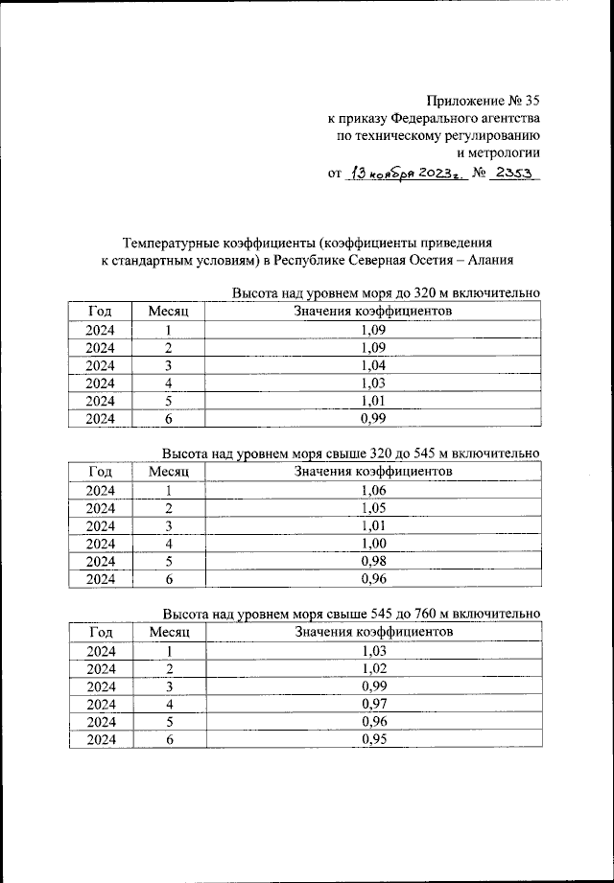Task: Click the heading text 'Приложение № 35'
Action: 483,99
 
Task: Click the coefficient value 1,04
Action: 373,365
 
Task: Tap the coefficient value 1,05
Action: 373,507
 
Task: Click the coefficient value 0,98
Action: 373,561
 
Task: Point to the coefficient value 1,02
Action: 373,668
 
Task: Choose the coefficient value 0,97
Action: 373,704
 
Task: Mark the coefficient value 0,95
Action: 373,739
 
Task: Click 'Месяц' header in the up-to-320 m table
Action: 170,311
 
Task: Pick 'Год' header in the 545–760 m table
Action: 101,632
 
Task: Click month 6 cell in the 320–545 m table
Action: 169,579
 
